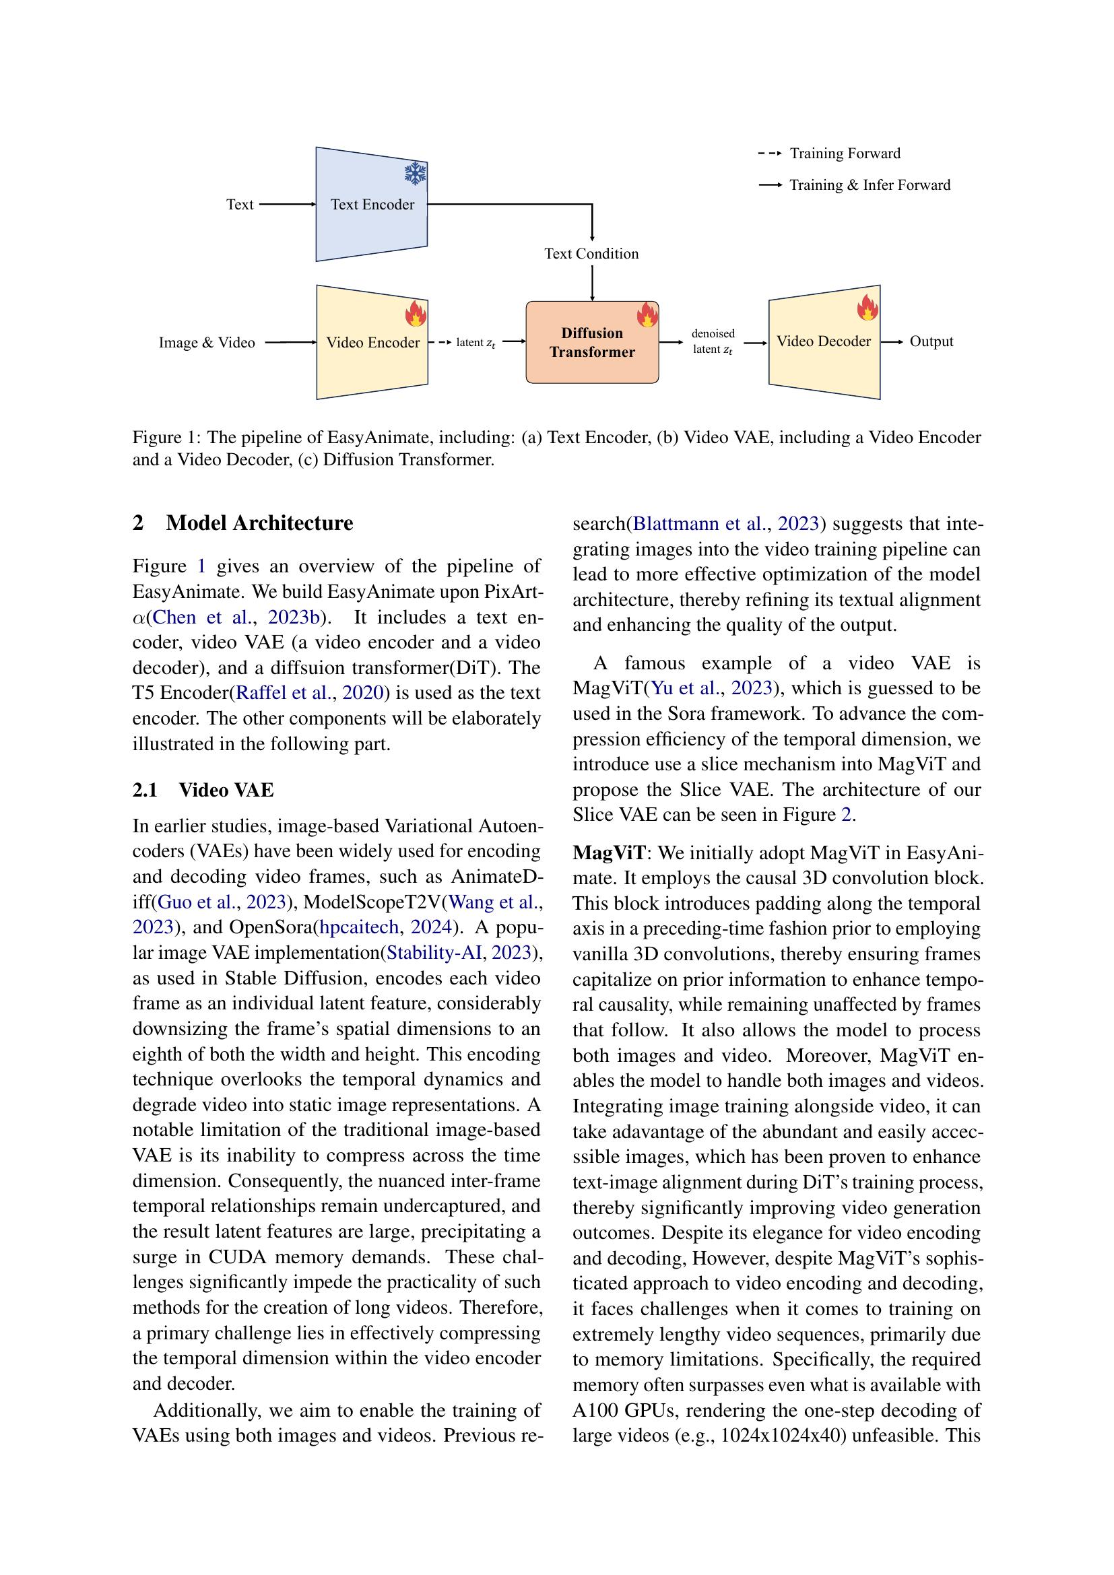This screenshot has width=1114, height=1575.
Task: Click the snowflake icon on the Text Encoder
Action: (x=415, y=174)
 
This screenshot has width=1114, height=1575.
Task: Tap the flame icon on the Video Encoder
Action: (x=416, y=313)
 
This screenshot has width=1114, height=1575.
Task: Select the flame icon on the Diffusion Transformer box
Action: (x=647, y=315)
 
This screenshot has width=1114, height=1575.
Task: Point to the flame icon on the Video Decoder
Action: (x=867, y=308)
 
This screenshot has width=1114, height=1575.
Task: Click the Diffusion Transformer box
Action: (x=592, y=342)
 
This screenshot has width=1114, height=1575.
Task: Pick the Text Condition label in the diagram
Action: (x=591, y=254)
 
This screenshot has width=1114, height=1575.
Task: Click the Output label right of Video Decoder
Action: (x=931, y=341)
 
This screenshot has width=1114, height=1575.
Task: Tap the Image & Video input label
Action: (x=207, y=342)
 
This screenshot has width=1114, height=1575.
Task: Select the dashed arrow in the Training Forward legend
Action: (x=770, y=154)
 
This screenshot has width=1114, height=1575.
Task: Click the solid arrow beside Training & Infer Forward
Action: (x=770, y=185)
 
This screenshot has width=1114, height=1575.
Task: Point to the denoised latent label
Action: (x=713, y=341)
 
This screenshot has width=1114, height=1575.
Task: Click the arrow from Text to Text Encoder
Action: (x=288, y=205)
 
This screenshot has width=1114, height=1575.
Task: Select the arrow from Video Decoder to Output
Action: (x=892, y=341)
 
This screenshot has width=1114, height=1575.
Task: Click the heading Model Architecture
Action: (x=259, y=523)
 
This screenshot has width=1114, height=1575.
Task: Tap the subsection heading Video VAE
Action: (x=226, y=791)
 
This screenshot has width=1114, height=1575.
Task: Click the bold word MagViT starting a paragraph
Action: (x=609, y=852)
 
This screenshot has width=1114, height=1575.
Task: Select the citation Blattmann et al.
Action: (x=699, y=524)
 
